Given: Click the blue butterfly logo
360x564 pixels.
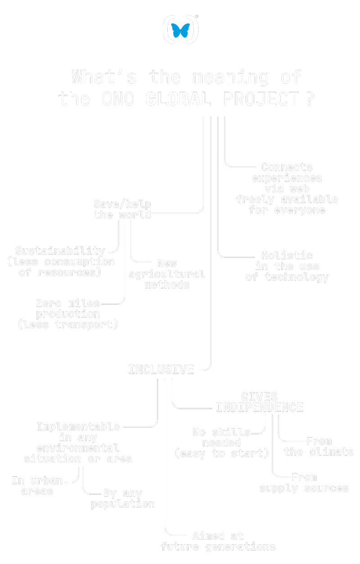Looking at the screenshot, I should [180, 30].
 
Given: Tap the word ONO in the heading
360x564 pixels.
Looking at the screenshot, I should [118, 99].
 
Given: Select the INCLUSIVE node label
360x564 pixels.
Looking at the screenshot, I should [161, 370].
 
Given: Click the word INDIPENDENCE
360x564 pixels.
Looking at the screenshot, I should [259, 408].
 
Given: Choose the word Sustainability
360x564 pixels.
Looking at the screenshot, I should [60, 251].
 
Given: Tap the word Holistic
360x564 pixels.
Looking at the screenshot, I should [287, 256].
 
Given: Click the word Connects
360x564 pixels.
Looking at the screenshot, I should [287, 167].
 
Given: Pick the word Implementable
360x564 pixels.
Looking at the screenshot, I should [78, 427].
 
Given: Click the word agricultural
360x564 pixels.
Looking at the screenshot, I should [167, 274].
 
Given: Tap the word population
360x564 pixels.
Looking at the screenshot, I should [123, 504].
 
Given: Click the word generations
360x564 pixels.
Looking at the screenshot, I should [240, 547].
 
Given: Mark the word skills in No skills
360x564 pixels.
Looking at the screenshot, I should [231, 433].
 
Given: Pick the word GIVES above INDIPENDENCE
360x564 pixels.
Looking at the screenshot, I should [259, 397].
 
